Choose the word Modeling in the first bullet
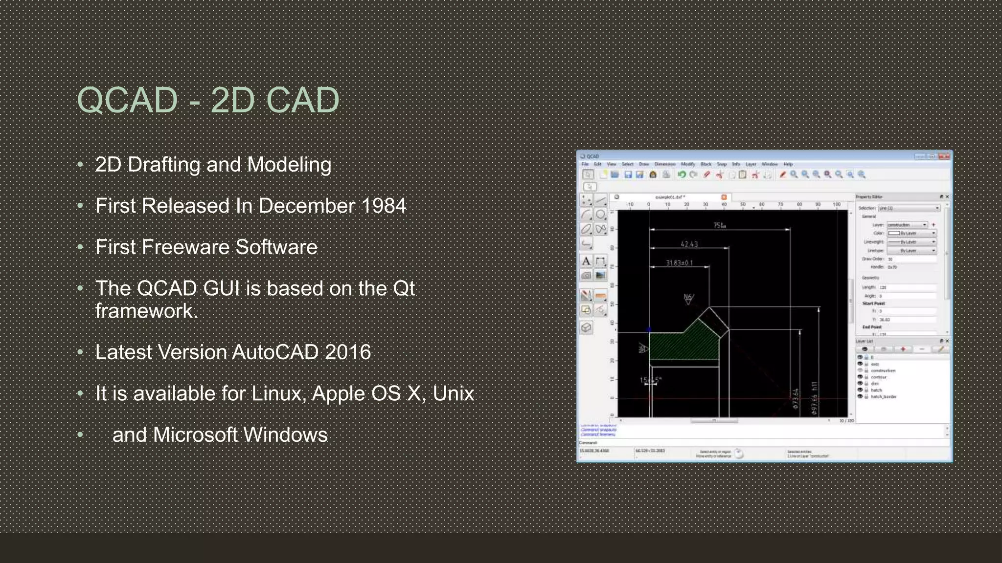[289, 165]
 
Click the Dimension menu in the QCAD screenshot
[665, 164]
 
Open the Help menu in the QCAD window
[788, 164]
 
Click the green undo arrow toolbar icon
[681, 174]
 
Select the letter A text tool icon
[586, 261]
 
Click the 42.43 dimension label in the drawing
[689, 244]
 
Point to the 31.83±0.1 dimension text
[679, 263]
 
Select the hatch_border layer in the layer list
[883, 396]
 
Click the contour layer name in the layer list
[878, 377]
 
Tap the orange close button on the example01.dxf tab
[724, 197]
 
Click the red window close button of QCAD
[944, 156]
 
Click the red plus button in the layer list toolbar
[903, 349]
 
